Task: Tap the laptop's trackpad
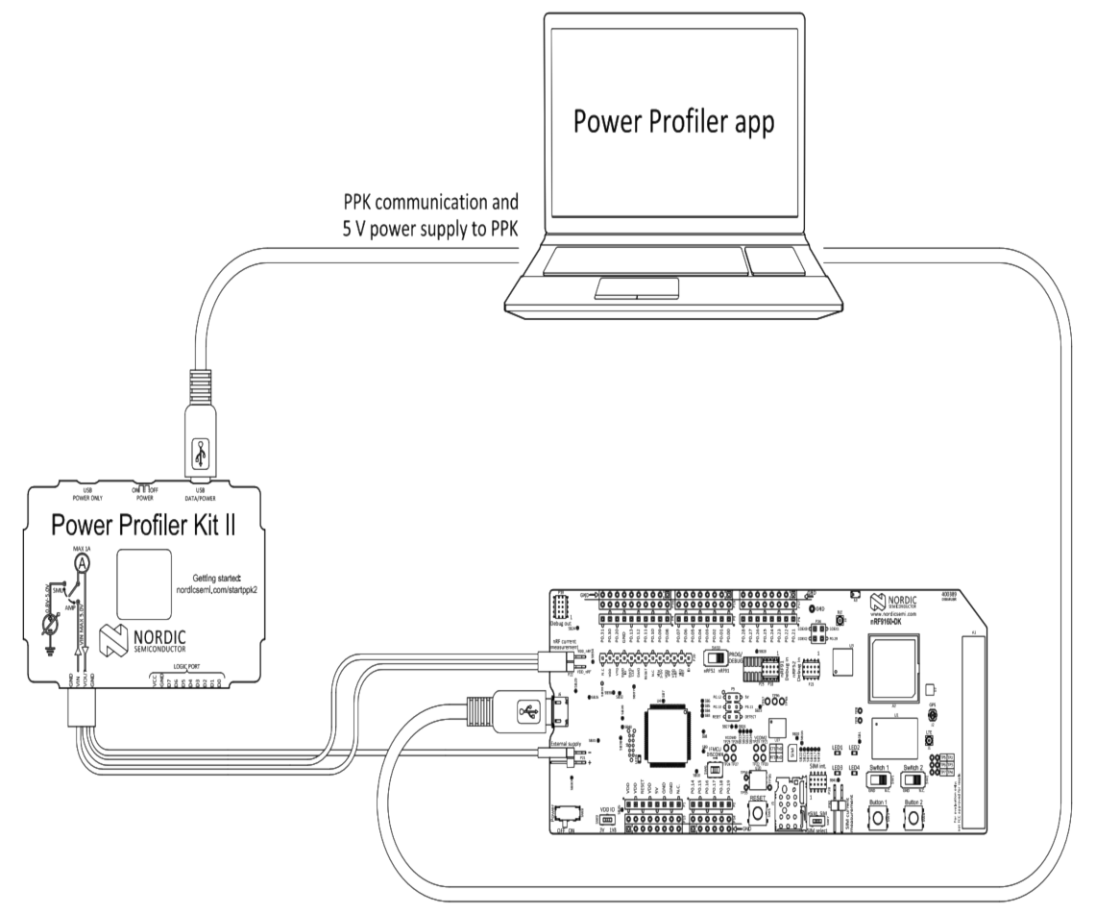click(635, 287)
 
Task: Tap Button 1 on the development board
click(879, 818)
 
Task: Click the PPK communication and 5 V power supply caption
click(430, 215)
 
